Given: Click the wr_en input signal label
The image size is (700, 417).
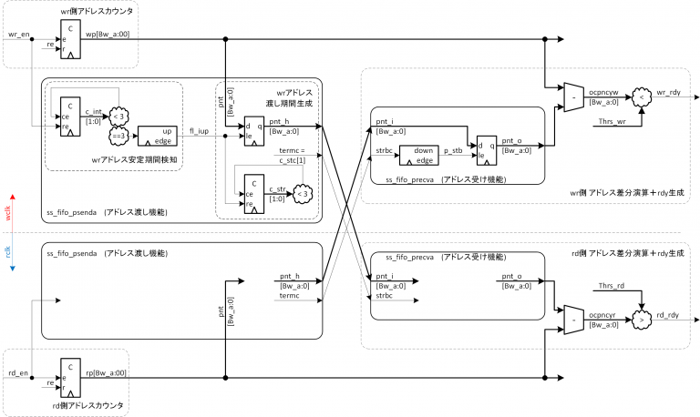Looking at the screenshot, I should [x=19, y=34].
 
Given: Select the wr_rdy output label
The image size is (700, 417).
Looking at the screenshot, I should [x=670, y=94].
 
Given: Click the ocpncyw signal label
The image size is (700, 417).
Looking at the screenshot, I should [x=605, y=92].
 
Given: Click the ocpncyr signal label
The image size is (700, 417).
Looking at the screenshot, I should [x=604, y=315].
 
